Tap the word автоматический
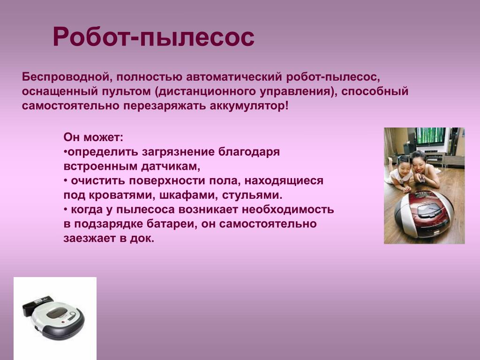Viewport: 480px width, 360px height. (x=233, y=77)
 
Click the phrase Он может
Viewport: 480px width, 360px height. (x=93, y=137)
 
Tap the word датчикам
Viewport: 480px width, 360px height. (x=170, y=166)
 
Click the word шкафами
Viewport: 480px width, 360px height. (x=189, y=195)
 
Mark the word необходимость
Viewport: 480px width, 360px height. (x=288, y=210)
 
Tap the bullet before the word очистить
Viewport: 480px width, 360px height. (x=66, y=181)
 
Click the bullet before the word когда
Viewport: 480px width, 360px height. (x=66, y=210)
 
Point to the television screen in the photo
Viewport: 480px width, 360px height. (x=430, y=135)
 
